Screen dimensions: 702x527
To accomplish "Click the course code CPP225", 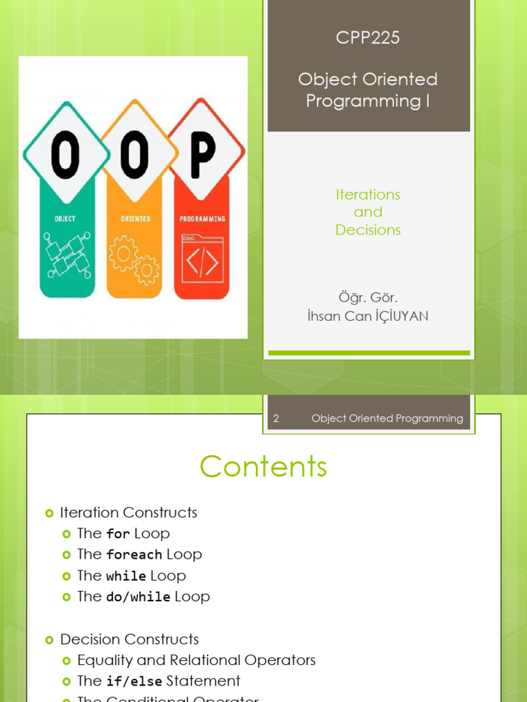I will point(368,38).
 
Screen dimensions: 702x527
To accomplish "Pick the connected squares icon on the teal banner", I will point(66,255).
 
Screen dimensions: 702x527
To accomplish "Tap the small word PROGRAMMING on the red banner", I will point(203,219).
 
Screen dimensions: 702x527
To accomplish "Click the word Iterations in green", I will point(368,195).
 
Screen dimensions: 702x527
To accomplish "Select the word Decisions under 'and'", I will point(368,230).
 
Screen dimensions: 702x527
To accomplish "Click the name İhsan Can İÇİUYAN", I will point(368,316).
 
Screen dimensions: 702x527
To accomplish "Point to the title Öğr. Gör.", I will point(368,298).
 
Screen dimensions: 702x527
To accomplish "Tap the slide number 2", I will point(276,418).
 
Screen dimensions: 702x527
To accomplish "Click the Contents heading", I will point(263,467).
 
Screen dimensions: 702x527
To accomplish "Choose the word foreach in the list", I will point(134,555).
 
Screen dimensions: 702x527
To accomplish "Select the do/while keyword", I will point(139,597).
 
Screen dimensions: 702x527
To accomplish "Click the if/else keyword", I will point(134,681).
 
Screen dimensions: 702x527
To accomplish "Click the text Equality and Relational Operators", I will point(196,660).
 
